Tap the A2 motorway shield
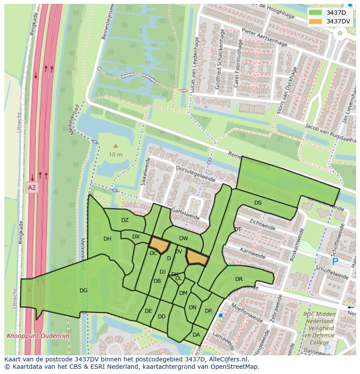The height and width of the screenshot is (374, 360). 32,188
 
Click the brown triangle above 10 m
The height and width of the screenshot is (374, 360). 115,146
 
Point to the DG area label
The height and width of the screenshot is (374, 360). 83,291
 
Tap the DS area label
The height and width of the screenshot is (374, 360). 258,203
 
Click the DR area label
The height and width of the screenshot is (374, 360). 239,279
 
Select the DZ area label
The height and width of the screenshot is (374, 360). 125,220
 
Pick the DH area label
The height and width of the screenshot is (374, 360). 107,239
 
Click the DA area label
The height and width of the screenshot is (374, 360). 196,334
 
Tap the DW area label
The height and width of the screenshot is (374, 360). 183,238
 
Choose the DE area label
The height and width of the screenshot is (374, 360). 148,311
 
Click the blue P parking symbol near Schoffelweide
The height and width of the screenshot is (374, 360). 335,261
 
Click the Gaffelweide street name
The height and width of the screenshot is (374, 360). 186,213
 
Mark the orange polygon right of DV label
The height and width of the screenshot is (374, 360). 197,257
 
